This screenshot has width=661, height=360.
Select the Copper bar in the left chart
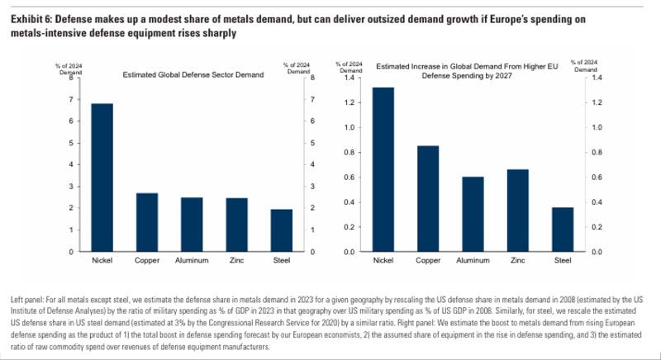point(146,222)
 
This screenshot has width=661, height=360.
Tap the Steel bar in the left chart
point(281,230)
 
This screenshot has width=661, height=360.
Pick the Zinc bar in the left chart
point(236,225)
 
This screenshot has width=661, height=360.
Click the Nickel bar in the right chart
point(383,169)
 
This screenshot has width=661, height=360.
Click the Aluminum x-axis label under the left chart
point(192,262)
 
